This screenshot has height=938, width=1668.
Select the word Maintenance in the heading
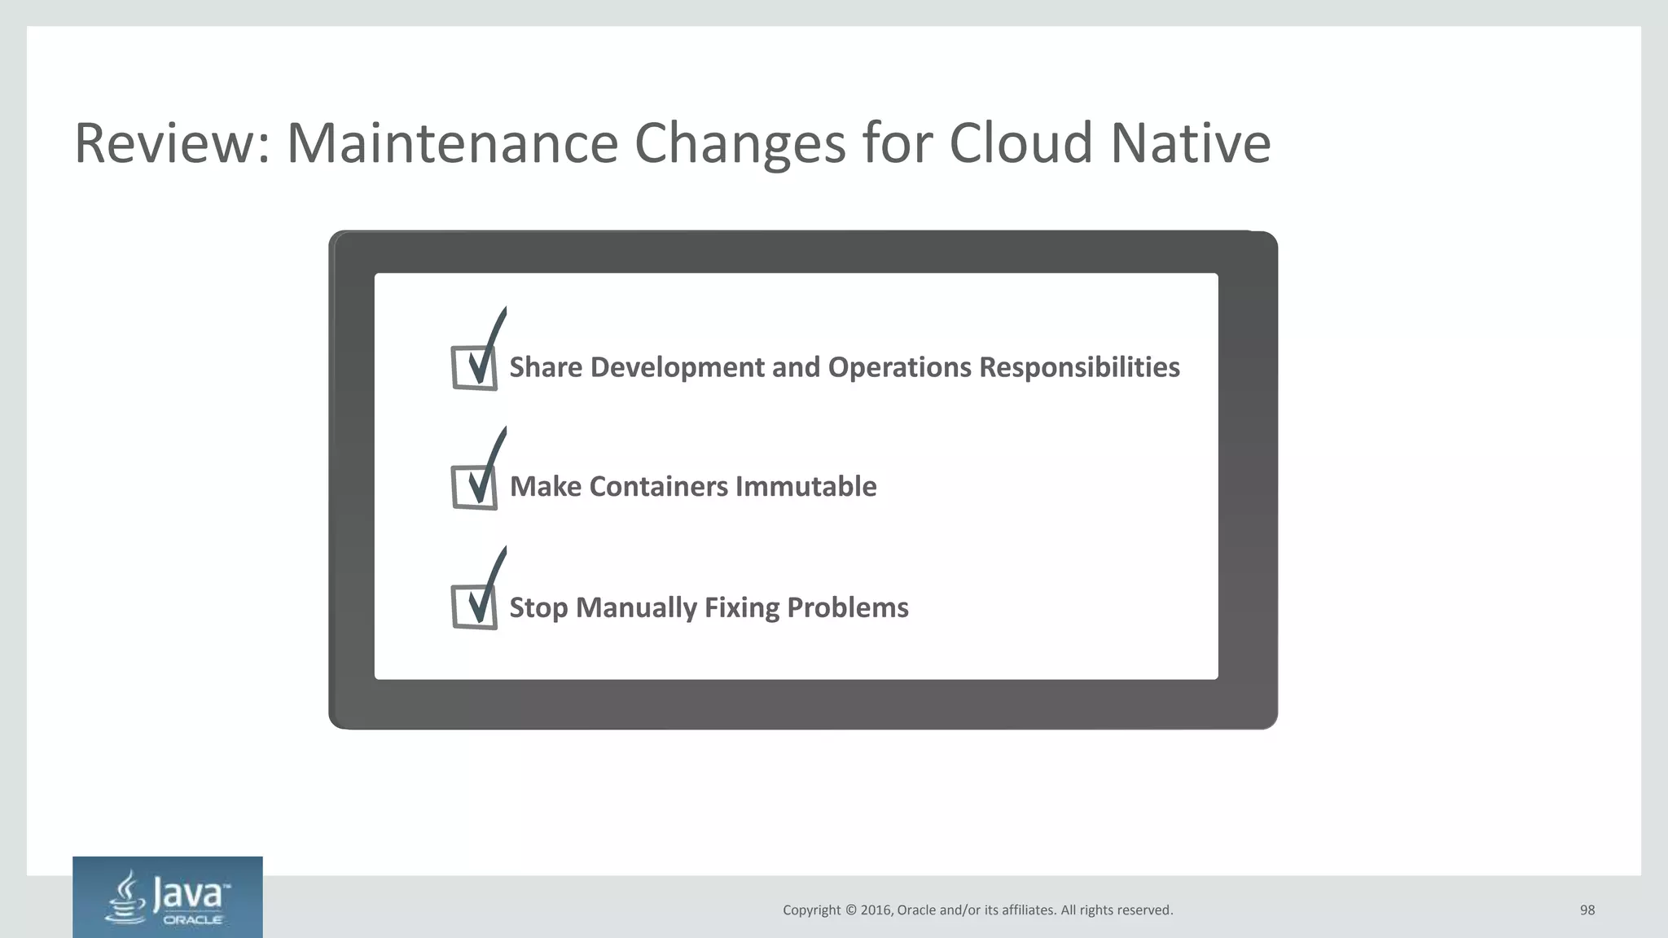pos(452,143)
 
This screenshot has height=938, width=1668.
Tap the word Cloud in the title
pos(1020,143)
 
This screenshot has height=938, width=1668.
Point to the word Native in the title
pos(1190,143)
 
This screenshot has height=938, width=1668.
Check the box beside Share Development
pos(475,368)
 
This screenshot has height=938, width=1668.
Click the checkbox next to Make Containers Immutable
pos(475,488)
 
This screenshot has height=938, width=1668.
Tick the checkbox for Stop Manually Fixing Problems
pos(475,607)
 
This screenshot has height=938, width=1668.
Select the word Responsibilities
pos(1079,368)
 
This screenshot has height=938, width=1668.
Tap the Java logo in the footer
pos(168,897)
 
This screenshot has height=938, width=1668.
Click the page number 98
pos(1587,910)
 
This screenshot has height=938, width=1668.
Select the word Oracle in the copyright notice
pos(916,910)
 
